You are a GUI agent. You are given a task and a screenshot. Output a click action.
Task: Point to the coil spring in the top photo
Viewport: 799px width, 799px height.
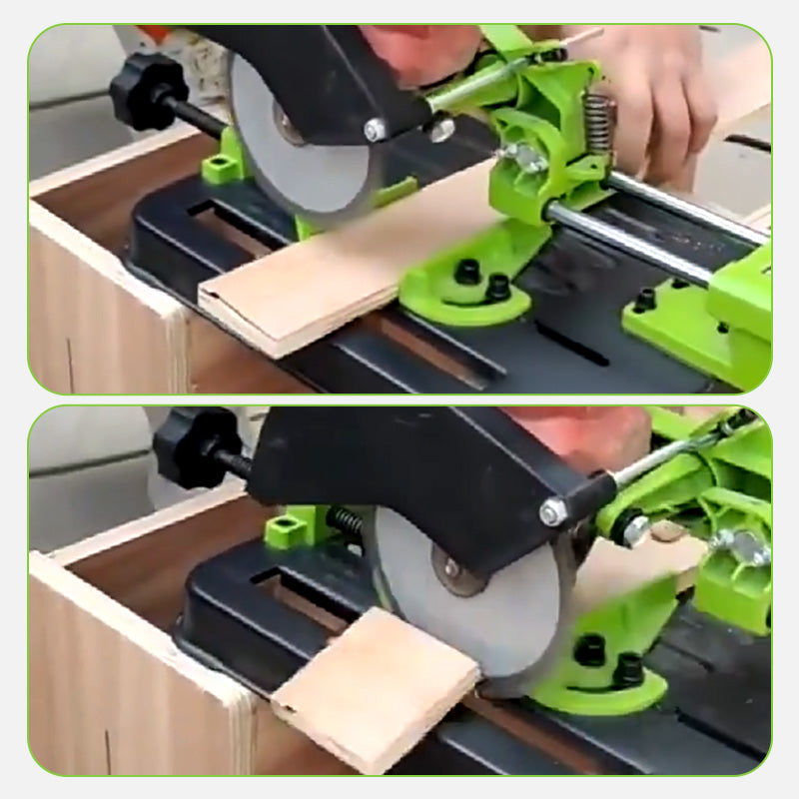pos(598,124)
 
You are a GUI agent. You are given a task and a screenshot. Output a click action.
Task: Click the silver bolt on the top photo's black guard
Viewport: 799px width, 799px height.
pos(376,130)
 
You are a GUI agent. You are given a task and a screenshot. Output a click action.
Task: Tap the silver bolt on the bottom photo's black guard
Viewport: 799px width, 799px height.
pos(552,512)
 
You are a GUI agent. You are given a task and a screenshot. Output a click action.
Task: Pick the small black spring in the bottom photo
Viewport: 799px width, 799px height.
pos(347,521)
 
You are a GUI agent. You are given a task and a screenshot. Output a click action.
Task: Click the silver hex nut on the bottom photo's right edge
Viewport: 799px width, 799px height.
pos(750,546)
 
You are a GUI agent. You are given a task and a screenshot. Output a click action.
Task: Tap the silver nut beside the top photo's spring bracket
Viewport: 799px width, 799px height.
pos(519,157)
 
